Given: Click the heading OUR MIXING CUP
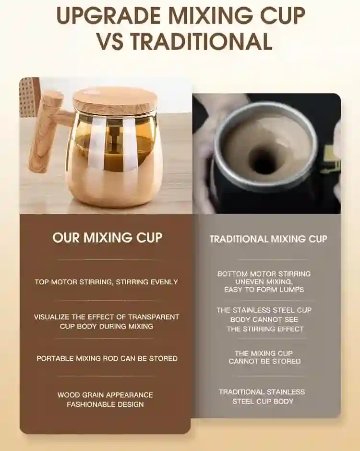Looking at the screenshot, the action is click(x=107, y=238).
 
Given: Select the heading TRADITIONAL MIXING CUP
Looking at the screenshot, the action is click(x=268, y=239).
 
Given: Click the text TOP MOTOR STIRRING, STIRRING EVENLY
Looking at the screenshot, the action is click(x=107, y=282).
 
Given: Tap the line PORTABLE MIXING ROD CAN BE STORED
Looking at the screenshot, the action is click(x=107, y=358).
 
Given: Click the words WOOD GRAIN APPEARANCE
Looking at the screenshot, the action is click(x=105, y=395).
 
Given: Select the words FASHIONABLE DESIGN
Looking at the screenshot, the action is click(x=105, y=404).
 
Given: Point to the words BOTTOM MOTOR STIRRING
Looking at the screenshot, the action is click(x=264, y=274).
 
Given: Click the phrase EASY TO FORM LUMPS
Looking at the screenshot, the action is click(x=264, y=290).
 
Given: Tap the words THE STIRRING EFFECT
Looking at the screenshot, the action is click(x=265, y=329).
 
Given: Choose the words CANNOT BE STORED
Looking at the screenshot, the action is click(x=264, y=361).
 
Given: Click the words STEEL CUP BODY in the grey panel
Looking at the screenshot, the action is click(x=263, y=401).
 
